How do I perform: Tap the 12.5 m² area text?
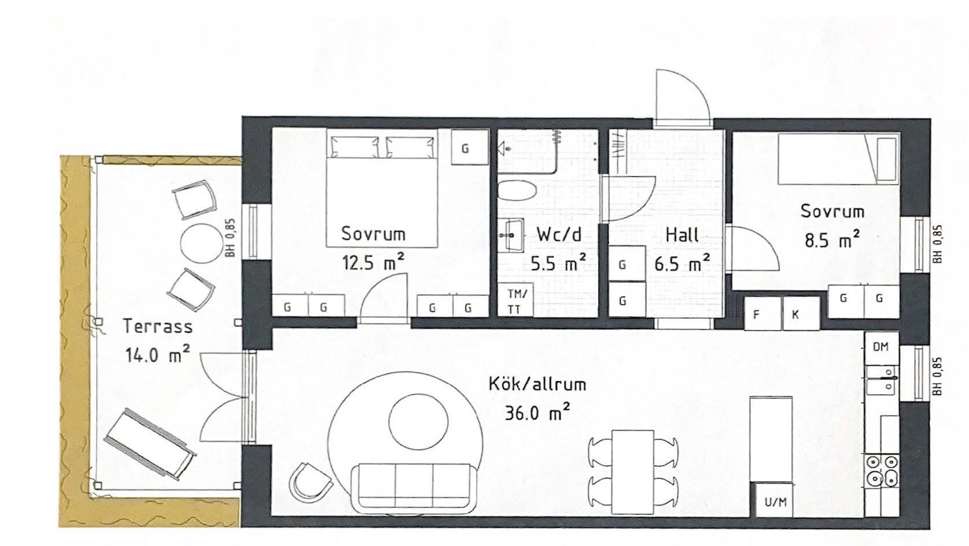click(x=373, y=262)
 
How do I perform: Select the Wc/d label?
click(x=559, y=234)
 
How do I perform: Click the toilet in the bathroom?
click(x=517, y=191)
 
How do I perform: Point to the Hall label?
click(x=682, y=235)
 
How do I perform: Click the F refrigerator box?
click(x=756, y=314)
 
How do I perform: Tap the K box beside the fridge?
click(x=795, y=314)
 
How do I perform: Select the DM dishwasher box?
click(x=881, y=347)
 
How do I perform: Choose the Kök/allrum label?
click(x=537, y=384)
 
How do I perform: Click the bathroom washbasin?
click(x=511, y=235)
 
